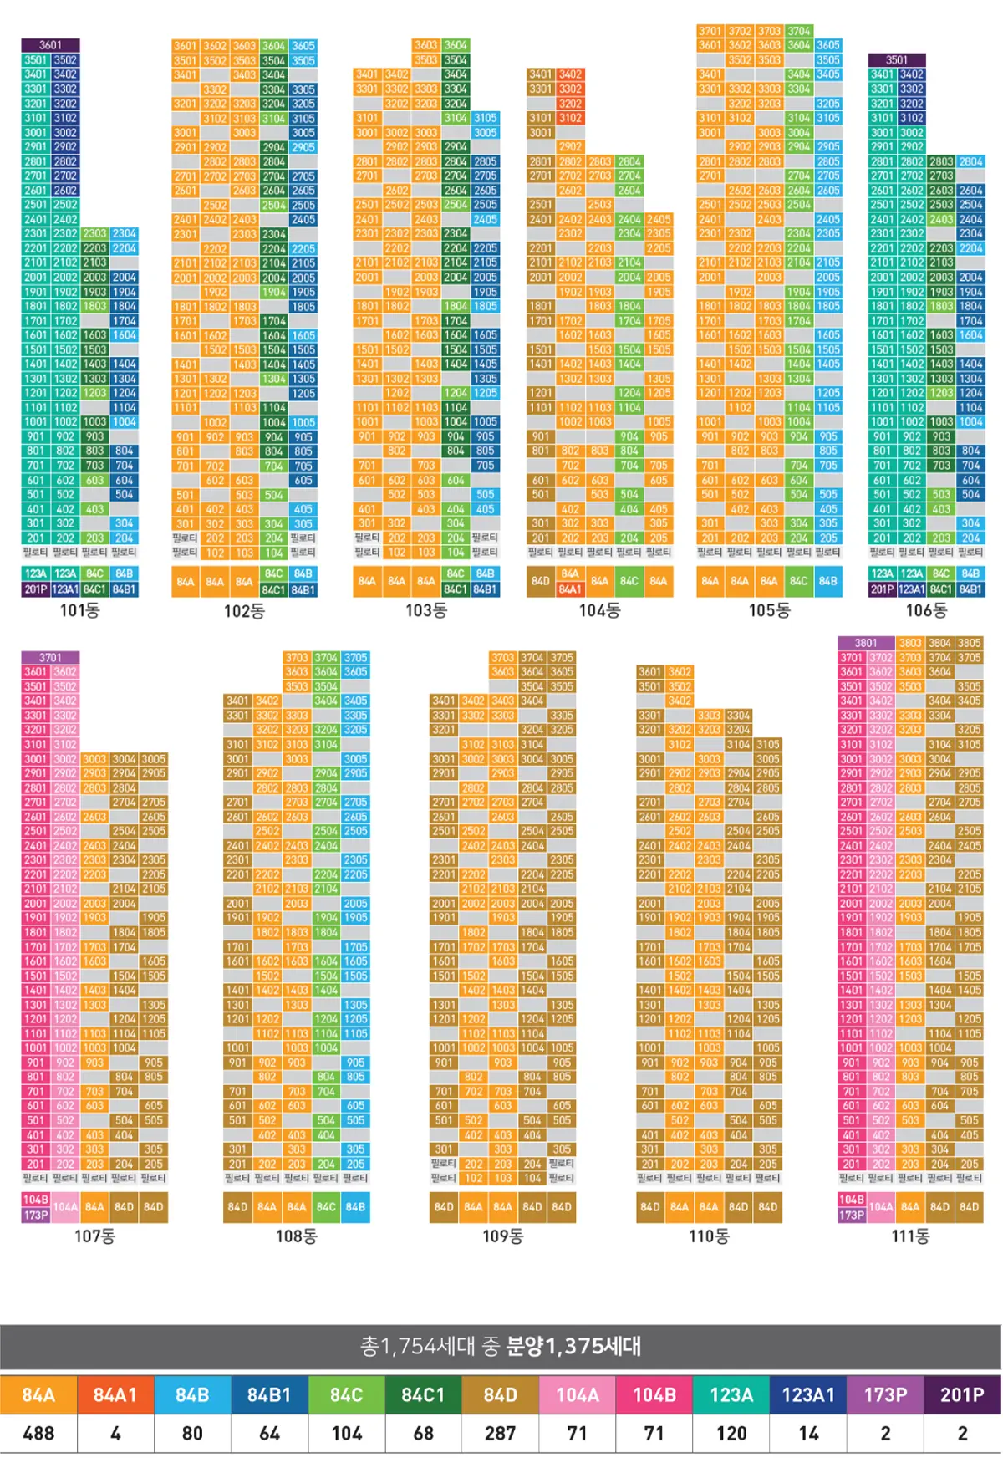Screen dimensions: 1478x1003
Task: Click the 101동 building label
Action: coord(79,611)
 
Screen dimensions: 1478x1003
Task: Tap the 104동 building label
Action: coord(599,611)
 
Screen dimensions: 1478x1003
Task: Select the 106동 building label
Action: coord(926,611)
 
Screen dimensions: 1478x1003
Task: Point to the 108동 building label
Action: coord(296,1236)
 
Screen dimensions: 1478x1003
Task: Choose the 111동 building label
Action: coord(910,1236)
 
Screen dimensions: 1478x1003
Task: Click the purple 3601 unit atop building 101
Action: coord(50,45)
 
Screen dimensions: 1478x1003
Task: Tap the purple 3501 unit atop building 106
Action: coord(897,60)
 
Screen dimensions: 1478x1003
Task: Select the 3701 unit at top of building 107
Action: coord(50,658)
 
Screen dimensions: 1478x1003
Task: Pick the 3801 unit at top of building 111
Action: coord(866,643)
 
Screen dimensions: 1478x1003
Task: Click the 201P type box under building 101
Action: coord(35,589)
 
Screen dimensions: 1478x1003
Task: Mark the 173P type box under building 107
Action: coord(35,1215)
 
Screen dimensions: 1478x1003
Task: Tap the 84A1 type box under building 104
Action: coord(570,589)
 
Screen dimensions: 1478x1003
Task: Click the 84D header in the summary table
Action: coord(500,1394)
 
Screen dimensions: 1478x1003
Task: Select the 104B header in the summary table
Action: coord(654,1394)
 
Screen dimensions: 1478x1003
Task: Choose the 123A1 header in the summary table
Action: coord(808,1394)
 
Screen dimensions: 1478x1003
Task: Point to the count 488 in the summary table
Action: coord(38,1434)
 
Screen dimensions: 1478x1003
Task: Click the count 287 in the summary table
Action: coord(500,1434)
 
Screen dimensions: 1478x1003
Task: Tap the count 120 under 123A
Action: coord(731,1434)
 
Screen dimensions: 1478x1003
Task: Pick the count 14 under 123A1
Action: coord(808,1434)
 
